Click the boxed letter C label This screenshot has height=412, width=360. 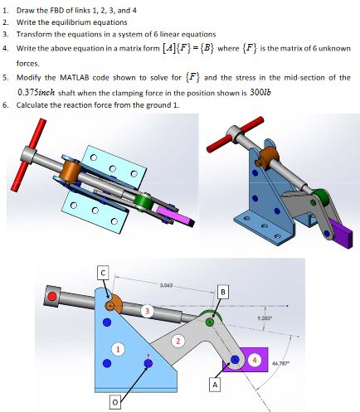click(104, 272)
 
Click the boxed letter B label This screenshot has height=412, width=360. click(221, 291)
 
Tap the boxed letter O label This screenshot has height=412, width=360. click(117, 402)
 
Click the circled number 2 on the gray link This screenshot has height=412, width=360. click(176, 341)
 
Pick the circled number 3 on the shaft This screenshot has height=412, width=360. click(148, 311)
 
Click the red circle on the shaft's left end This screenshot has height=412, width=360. click(55, 295)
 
